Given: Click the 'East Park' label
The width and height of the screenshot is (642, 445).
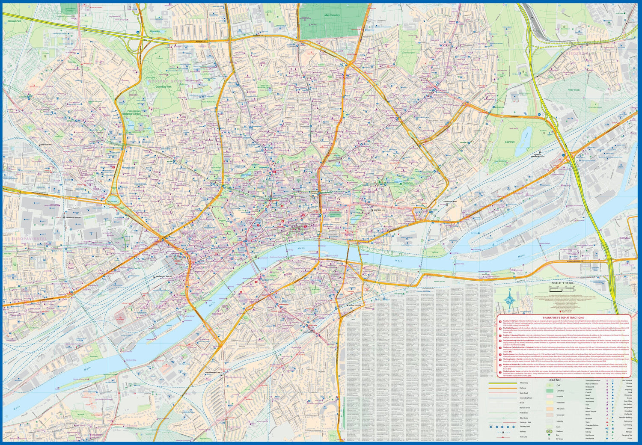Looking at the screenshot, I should [509, 142].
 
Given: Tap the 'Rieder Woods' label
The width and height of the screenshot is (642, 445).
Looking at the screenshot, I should [573, 90].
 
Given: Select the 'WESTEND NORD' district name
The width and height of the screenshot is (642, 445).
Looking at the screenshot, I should [165, 81].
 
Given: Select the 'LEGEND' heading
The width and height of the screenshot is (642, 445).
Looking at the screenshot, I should [555, 380].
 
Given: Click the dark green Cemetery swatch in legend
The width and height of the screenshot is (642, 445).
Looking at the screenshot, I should [549, 391].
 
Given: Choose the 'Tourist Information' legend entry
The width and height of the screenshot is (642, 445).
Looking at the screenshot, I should [593, 380].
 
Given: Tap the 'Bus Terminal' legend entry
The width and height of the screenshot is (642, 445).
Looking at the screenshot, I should [627, 380].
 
